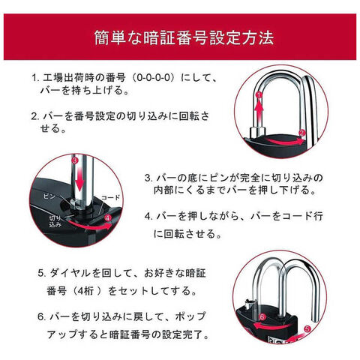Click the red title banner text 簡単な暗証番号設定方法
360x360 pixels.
pos(184,38)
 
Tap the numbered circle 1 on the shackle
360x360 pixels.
pos(259,95)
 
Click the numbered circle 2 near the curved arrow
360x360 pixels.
pos(302,133)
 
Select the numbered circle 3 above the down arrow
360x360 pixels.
pos(75,160)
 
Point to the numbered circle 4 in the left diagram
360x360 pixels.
pos(108,218)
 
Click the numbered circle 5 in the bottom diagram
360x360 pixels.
pos(307,328)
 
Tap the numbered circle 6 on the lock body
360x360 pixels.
pos(262,317)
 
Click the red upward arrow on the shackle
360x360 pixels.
pos(259,111)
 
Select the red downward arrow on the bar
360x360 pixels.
pos(79,178)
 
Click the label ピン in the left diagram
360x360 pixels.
pos(49,196)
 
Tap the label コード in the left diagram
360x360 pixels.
pos(110,198)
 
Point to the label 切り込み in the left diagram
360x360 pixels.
pos(55,221)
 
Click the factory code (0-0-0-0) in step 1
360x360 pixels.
pos(153,78)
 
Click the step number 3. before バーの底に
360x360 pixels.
pos(148,178)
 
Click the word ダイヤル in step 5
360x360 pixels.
pos(70,273)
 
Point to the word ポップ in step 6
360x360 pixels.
pos(190,316)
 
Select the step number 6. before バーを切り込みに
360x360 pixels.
pos(41,316)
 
